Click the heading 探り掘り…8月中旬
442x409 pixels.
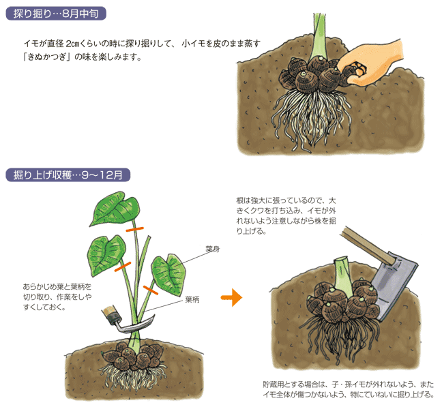click(x=56, y=14)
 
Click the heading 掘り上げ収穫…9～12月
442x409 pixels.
click(x=68, y=175)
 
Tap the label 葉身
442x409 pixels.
click(x=213, y=249)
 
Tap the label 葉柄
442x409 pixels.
click(x=192, y=299)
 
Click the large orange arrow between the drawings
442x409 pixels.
click(x=231, y=297)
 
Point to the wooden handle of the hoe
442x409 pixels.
click(x=366, y=245)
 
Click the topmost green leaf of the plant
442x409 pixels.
click(x=115, y=209)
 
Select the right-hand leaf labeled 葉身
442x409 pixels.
click(x=169, y=275)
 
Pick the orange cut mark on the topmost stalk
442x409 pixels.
click(x=135, y=229)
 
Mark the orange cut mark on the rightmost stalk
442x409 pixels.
click(x=151, y=290)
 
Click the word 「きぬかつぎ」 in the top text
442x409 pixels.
click(x=47, y=57)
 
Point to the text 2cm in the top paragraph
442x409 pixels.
click(x=73, y=44)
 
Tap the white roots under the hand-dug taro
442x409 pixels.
click(x=312, y=119)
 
